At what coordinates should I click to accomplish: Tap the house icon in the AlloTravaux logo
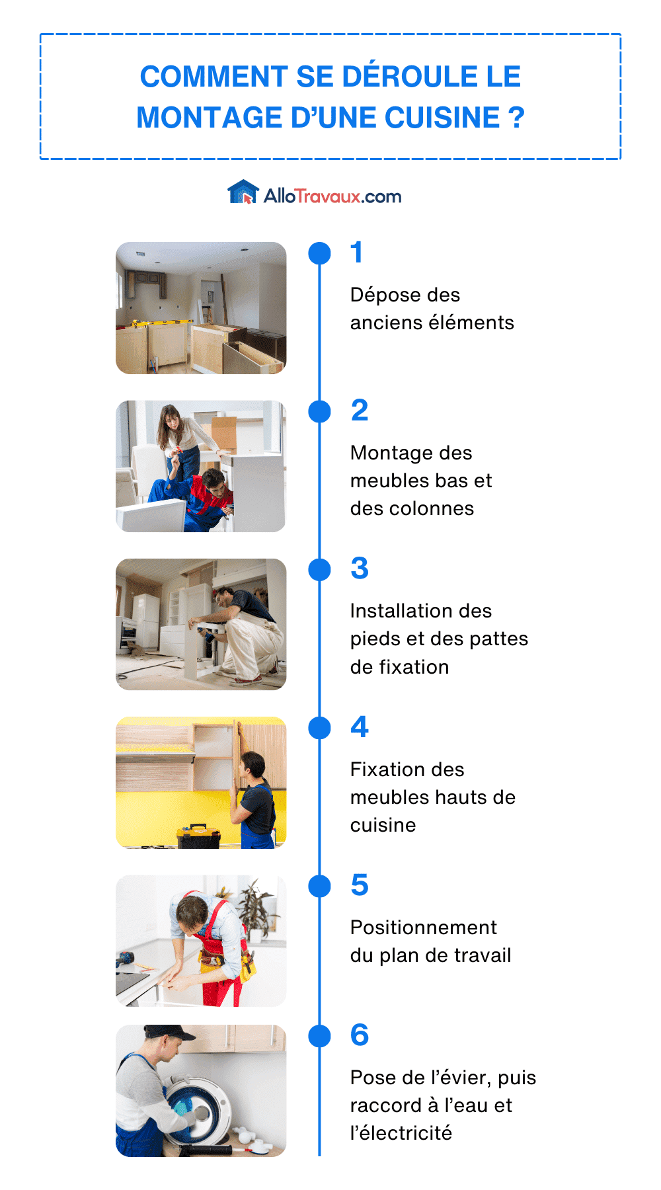point(243,192)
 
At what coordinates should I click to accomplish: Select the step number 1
point(357,253)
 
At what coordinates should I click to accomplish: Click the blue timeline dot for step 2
point(320,411)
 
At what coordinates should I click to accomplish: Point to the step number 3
point(360,569)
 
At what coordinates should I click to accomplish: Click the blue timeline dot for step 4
point(320,728)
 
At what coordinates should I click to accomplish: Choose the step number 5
point(360,885)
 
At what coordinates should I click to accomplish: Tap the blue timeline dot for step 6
point(320,1036)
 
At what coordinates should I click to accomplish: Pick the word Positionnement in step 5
point(423,928)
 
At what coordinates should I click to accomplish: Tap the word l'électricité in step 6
point(401,1133)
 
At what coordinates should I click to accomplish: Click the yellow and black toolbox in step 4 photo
point(198,836)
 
